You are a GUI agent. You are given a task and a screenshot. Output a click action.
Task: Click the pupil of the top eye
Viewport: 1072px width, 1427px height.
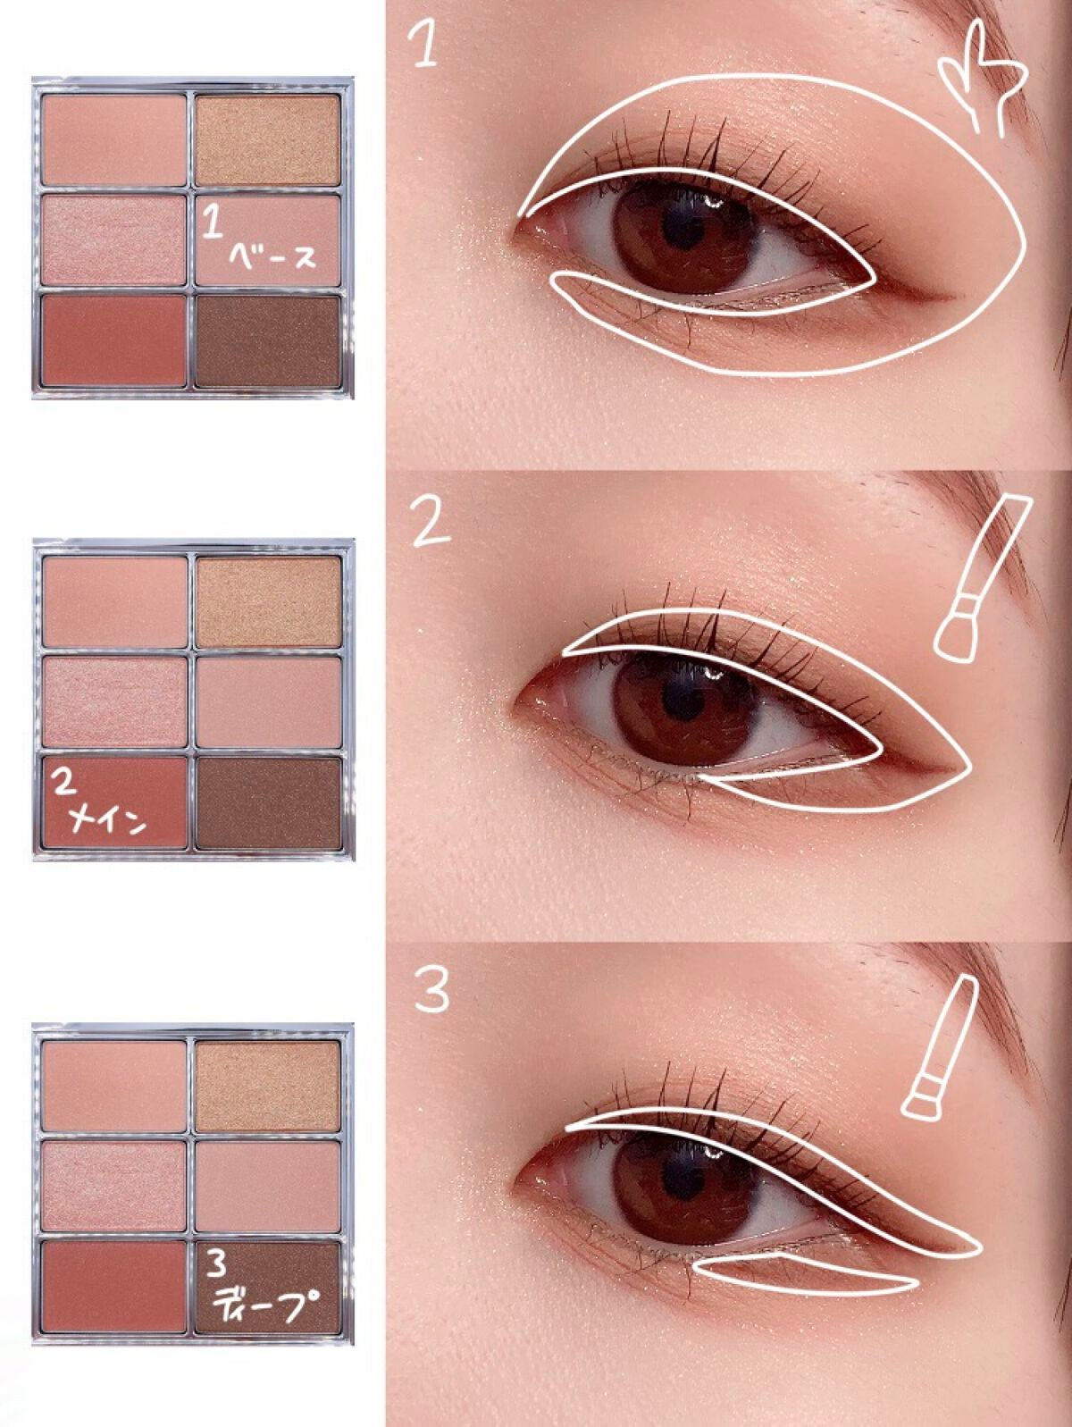point(682,231)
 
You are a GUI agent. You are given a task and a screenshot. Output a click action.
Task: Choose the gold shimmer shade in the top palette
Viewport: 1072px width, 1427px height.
point(268,139)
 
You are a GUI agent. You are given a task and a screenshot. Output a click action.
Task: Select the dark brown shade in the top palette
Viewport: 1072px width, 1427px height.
point(268,341)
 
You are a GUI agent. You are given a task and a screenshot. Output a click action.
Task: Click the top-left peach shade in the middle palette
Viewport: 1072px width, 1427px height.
point(115,601)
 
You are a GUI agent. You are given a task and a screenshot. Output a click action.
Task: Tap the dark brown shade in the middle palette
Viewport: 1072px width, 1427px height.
point(268,803)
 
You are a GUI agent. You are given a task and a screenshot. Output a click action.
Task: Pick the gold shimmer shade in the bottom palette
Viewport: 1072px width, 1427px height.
point(268,1086)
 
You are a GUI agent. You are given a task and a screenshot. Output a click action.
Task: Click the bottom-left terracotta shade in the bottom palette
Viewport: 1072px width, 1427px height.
point(115,1288)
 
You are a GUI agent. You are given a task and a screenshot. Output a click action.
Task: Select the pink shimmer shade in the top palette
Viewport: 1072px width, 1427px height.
point(115,240)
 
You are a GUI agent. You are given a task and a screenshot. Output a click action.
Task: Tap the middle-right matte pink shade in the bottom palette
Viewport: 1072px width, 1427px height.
point(268,1187)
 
